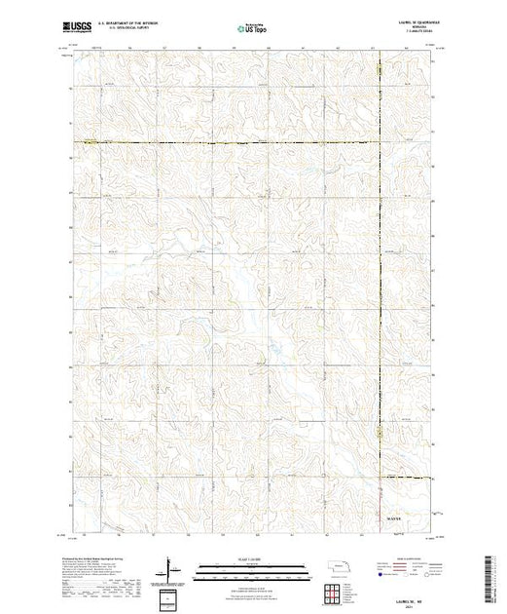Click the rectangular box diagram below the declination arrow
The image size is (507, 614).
(x=171, y=596)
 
